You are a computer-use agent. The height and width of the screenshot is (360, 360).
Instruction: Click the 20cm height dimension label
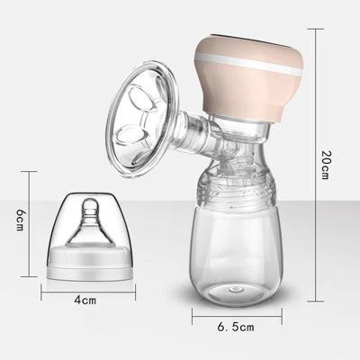click(325, 165)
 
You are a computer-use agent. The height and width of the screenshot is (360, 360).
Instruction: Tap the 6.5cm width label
click(236, 327)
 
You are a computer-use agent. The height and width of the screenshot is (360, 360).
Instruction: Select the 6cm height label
click(20, 220)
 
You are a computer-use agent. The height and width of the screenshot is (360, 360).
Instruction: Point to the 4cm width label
click(85, 300)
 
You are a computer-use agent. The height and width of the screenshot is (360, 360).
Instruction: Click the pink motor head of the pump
click(247, 78)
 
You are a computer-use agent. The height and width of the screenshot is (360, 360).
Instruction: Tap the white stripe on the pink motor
click(247, 64)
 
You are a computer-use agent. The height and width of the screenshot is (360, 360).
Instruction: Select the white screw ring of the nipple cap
click(86, 262)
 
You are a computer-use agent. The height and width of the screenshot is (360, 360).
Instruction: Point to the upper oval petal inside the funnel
click(141, 100)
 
